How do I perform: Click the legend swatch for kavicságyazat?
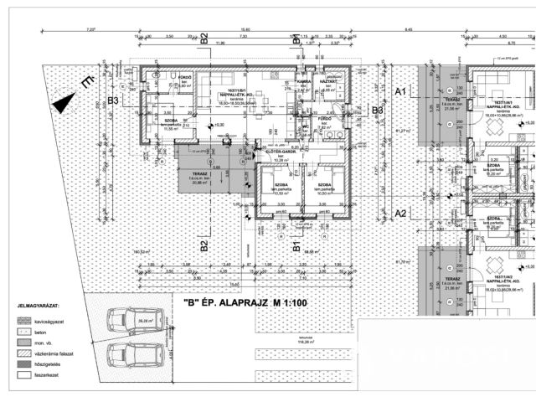pyautogui.click(x=23, y=320)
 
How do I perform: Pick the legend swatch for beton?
pyautogui.click(x=23, y=332)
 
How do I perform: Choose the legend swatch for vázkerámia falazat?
pyautogui.click(x=23, y=355)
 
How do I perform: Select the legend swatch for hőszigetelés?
pyautogui.click(x=23, y=367)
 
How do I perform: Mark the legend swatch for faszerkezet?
pyautogui.click(x=23, y=378)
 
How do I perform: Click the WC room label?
pyautogui.click(x=306, y=126)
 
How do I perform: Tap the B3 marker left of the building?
pyautogui.click(x=114, y=101)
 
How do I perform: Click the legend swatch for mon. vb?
pyautogui.click(x=23, y=343)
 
